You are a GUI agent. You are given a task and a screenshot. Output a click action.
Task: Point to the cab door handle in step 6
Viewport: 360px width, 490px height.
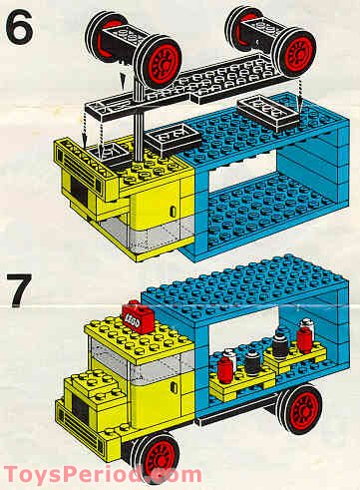[x=173, y=211]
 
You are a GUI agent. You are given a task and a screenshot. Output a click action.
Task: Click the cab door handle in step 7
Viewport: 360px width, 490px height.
[x=174, y=386]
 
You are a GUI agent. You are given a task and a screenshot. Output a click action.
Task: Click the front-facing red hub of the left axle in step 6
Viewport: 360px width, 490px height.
[x=163, y=64]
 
